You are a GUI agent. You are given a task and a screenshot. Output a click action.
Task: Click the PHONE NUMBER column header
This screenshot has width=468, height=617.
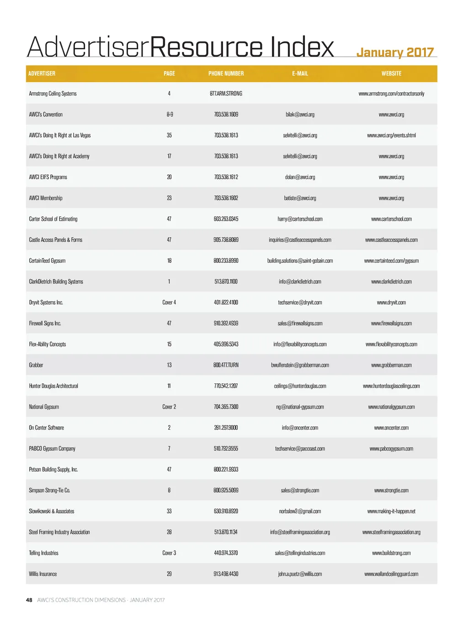click(226, 74)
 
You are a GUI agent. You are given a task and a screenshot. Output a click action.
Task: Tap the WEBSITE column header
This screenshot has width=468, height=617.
click(391, 74)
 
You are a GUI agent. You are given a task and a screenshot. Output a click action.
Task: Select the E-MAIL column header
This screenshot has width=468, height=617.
click(300, 74)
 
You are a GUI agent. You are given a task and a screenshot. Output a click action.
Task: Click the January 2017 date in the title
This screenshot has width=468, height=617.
click(395, 53)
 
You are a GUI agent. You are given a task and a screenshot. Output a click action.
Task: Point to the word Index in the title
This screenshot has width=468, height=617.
click(302, 47)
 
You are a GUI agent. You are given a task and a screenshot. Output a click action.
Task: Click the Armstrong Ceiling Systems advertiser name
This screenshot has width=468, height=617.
click(53, 94)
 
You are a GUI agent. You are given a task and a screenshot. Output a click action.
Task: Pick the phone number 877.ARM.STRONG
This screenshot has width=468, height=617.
click(226, 94)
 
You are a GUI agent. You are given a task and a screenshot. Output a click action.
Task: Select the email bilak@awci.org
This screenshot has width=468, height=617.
click(300, 115)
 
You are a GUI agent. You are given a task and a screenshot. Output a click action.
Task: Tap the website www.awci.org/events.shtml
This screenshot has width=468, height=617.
click(391, 135)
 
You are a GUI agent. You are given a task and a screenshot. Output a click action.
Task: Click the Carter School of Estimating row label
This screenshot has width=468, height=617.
click(53, 219)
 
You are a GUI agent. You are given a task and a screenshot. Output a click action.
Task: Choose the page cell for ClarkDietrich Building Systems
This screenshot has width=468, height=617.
click(169, 282)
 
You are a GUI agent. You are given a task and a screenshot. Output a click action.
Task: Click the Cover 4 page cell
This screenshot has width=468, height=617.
click(169, 303)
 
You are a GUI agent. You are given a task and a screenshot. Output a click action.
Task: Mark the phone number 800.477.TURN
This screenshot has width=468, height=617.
click(226, 365)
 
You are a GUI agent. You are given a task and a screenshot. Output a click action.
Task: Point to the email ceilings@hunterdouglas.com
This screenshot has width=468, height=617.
click(300, 386)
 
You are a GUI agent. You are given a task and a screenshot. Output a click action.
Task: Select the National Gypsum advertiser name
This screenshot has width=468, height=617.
click(44, 407)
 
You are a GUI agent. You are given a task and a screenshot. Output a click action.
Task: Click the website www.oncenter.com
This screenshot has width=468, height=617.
click(391, 428)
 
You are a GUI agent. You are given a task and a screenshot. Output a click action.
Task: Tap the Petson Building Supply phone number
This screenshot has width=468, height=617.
click(226, 469)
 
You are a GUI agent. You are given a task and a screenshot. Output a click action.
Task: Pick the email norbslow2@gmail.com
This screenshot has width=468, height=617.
click(300, 511)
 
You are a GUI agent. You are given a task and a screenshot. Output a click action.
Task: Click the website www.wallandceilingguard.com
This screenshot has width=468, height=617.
click(391, 574)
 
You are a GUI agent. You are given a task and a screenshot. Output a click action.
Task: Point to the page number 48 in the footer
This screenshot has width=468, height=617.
click(29, 600)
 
